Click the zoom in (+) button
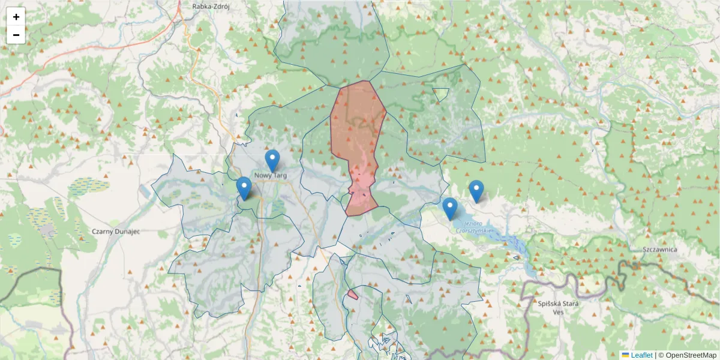16,17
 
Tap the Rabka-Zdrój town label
211,6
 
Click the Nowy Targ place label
271,175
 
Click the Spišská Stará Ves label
558,307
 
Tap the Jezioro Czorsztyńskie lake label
473,227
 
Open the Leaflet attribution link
641,355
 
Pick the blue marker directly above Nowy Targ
272,160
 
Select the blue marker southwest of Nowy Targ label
244,187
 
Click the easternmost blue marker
476,190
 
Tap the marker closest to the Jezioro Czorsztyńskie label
450,208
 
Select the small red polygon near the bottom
352,295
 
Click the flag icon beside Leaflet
625,355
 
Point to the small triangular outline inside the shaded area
441,94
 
